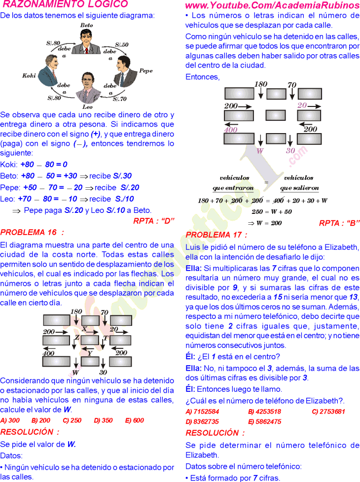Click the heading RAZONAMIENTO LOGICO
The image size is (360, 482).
65,5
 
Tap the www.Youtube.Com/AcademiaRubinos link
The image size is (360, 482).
272,5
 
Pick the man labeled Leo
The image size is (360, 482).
87,89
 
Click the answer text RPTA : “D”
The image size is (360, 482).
154,221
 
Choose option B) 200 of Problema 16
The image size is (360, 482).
41,420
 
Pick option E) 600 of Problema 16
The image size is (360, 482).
135,420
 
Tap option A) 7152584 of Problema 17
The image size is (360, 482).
202,412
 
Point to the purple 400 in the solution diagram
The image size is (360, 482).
230,130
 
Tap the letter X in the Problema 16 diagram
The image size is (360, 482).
84,329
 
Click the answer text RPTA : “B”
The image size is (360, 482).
339,223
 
